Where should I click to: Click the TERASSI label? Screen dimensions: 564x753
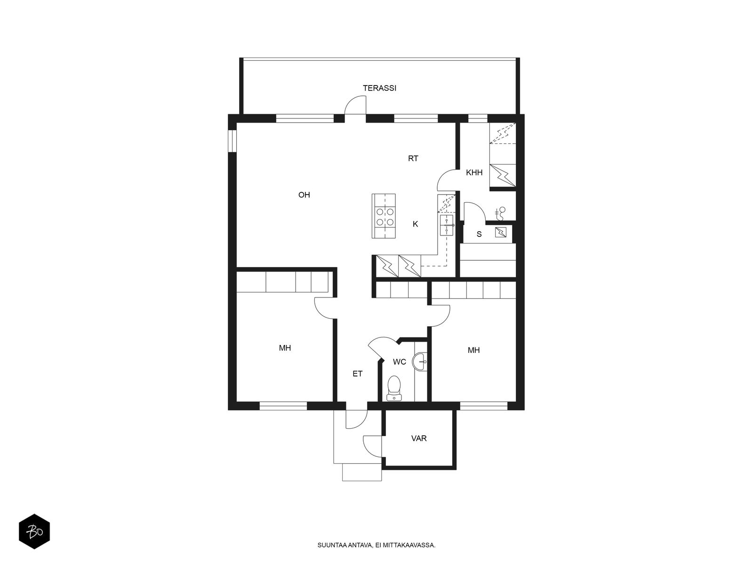point(379,88)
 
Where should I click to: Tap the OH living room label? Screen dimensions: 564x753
point(304,195)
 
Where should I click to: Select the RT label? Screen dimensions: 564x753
point(413,158)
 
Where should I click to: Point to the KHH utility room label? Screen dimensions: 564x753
point(474,172)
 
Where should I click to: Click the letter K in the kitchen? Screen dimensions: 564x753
point(415,224)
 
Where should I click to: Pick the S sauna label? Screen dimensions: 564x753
point(479,234)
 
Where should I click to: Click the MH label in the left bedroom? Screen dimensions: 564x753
point(285,348)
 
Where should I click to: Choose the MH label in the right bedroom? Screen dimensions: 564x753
point(473,350)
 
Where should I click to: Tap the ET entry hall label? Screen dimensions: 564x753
point(358,374)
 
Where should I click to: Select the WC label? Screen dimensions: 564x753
point(400,362)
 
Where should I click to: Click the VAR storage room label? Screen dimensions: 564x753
point(419,439)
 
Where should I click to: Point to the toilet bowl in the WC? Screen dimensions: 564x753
point(393,386)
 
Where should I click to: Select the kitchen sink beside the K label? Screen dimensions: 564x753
point(447,226)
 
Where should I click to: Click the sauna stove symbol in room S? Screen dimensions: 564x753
point(500,232)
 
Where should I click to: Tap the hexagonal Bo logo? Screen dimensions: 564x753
point(34,533)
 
